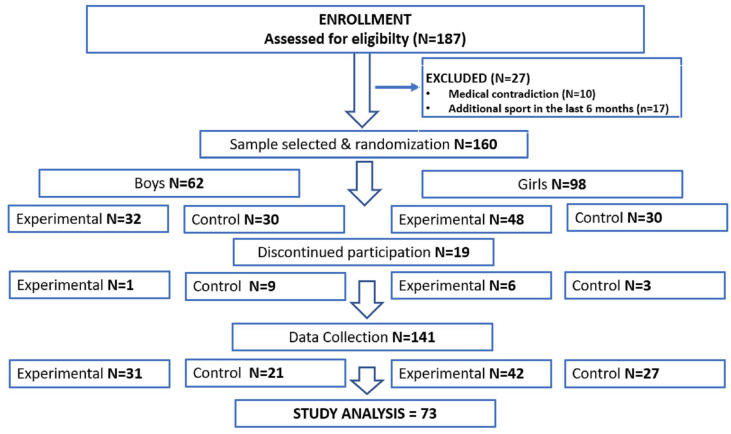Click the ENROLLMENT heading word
365,20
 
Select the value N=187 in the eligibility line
439,39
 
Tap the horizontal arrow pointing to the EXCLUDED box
397,87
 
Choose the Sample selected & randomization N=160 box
364,144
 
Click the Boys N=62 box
169,183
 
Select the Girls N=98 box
552,184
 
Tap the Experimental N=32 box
88,219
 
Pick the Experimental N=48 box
471,219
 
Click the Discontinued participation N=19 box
363,252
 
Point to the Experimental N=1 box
90,285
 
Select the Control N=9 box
265,286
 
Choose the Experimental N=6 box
471,285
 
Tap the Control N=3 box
645,285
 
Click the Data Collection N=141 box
362,337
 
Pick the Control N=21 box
265,373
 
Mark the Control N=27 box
645,373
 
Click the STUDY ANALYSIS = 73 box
365,413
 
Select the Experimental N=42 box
471,373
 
